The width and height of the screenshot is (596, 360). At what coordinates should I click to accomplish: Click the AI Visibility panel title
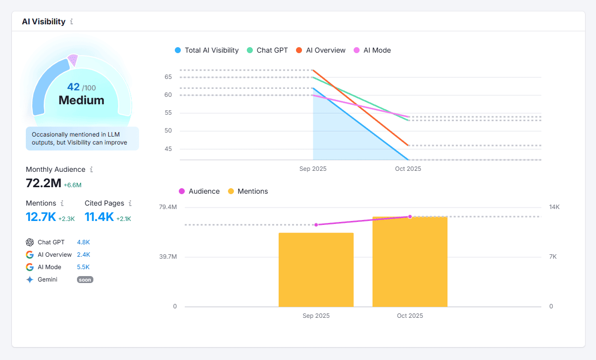tap(44, 21)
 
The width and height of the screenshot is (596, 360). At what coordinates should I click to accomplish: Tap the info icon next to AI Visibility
tap(72, 21)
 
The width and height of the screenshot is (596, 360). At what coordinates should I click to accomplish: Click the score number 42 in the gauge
tap(74, 87)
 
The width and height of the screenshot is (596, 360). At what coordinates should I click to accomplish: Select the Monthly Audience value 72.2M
tap(44, 183)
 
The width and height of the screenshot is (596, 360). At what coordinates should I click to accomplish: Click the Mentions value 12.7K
tap(41, 217)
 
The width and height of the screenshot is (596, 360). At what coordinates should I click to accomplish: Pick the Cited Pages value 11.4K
tap(99, 217)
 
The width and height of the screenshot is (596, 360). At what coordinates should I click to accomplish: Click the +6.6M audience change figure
tap(73, 185)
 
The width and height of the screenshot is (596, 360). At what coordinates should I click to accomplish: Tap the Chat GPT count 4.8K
tap(83, 242)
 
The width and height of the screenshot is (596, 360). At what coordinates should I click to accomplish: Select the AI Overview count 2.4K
tap(83, 255)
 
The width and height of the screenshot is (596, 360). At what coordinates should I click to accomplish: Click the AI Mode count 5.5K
tap(83, 267)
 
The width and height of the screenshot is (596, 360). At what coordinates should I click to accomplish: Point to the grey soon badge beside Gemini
tap(85, 280)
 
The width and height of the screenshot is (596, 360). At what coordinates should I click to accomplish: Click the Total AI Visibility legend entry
tap(207, 50)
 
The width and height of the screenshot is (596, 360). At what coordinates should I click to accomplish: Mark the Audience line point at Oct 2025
tap(410, 216)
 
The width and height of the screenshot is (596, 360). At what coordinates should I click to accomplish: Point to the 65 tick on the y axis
tap(168, 77)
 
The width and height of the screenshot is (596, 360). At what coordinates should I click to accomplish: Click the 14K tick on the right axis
tap(554, 207)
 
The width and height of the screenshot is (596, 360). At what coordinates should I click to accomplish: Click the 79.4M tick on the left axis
tap(167, 207)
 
